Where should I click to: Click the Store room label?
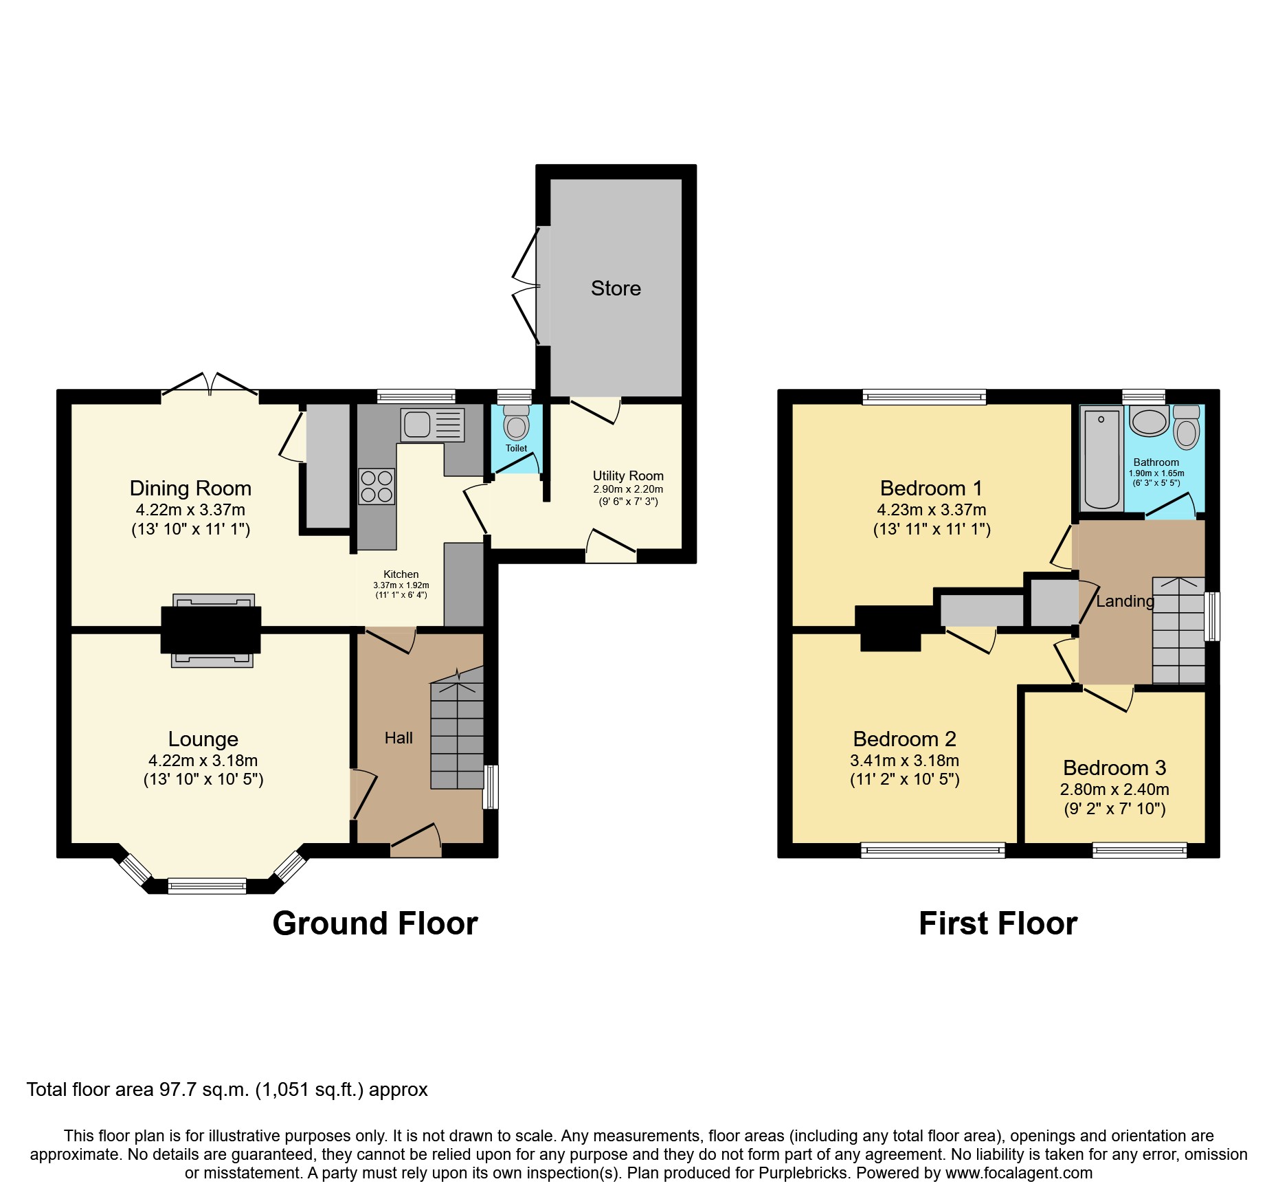pos(616,289)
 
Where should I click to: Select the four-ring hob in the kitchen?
pos(377,486)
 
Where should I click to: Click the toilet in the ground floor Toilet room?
pos(517,425)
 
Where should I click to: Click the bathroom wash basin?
pos(1149,421)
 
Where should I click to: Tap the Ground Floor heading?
pos(375,923)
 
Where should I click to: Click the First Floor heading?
pos(998,923)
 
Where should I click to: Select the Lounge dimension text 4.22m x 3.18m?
pos(203,761)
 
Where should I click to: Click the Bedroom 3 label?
pos(1114,767)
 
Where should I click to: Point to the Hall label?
pos(399,738)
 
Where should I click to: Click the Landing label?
pos(1125,601)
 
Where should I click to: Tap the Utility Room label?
pos(628,475)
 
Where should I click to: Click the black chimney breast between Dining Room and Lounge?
pos(211,629)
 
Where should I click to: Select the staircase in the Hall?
pos(457,735)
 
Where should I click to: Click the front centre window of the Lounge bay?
pos(207,886)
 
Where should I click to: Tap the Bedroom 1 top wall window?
pos(924,396)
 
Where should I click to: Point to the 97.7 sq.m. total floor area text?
pos(204,1090)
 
